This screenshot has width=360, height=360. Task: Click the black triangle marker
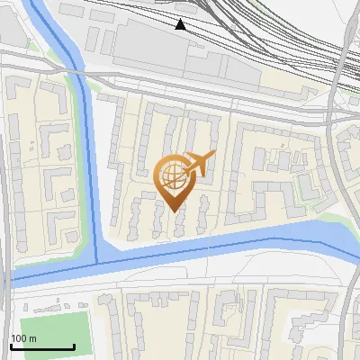point(181,24)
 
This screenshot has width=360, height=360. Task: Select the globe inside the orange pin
point(173,175)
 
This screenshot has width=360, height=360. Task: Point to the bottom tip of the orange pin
point(173,211)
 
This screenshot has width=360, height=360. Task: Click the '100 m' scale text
point(24,338)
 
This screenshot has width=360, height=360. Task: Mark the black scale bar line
point(42,346)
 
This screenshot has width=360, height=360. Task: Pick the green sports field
point(55,334)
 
